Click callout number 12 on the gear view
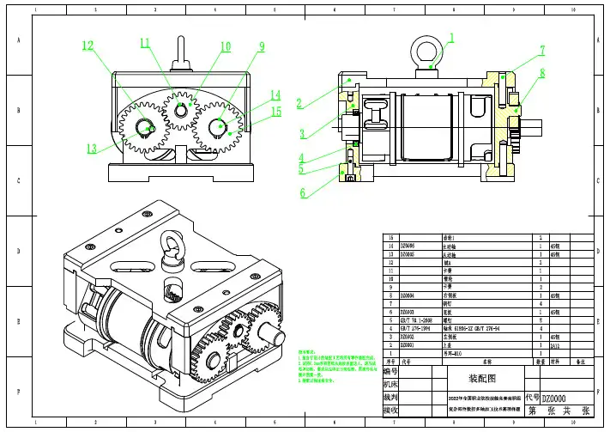[88, 46]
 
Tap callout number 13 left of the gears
[91, 148]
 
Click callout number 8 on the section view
[542, 74]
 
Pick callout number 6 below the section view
[302, 193]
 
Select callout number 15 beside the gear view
[275, 111]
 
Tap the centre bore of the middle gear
[181, 111]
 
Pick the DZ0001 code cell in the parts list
[408, 345]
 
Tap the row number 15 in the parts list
[391, 236]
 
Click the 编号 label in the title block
[391, 371]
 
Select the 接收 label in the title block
[391, 411]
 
